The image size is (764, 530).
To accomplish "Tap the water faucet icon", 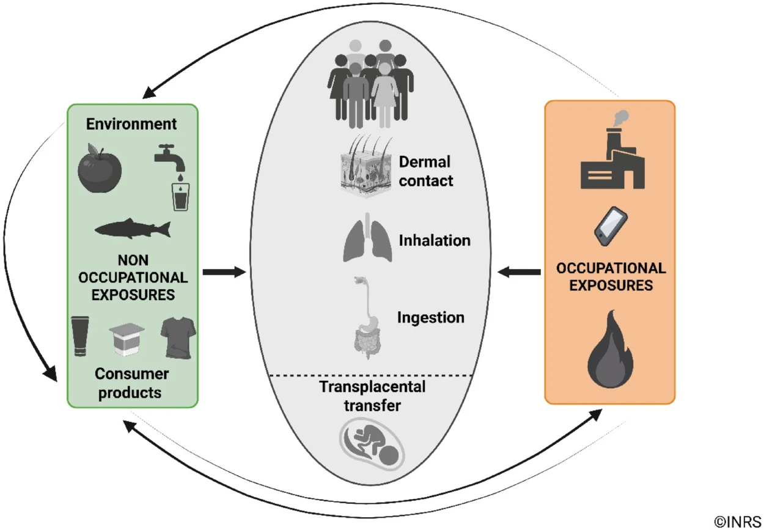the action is coord(169,158).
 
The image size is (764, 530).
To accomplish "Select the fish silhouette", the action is coord(133,228).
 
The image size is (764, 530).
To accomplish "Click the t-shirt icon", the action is coord(178,338).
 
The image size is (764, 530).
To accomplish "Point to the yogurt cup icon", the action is coord(127,339).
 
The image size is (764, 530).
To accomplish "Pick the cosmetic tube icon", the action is coord(80,336).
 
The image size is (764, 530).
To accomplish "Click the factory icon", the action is coord(612,149).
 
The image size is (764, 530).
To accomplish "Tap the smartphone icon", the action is coord(611,226).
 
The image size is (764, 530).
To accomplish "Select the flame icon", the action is coord(610,349).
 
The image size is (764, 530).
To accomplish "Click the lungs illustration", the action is coord(367,238).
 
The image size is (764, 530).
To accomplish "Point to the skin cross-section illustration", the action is coord(366,166).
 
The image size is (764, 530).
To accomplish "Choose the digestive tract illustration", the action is coord(367,318).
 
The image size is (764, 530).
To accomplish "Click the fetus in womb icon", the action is coord(372,444).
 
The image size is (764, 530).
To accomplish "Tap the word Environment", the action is coord(131,124).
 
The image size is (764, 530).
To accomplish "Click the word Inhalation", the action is coord(435,240).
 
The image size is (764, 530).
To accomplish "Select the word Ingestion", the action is coord(431,318).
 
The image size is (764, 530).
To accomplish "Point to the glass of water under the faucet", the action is coord(180,197).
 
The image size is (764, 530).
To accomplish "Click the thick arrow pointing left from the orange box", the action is coord(519,272).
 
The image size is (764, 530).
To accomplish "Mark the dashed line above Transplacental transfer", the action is coord(371,375).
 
